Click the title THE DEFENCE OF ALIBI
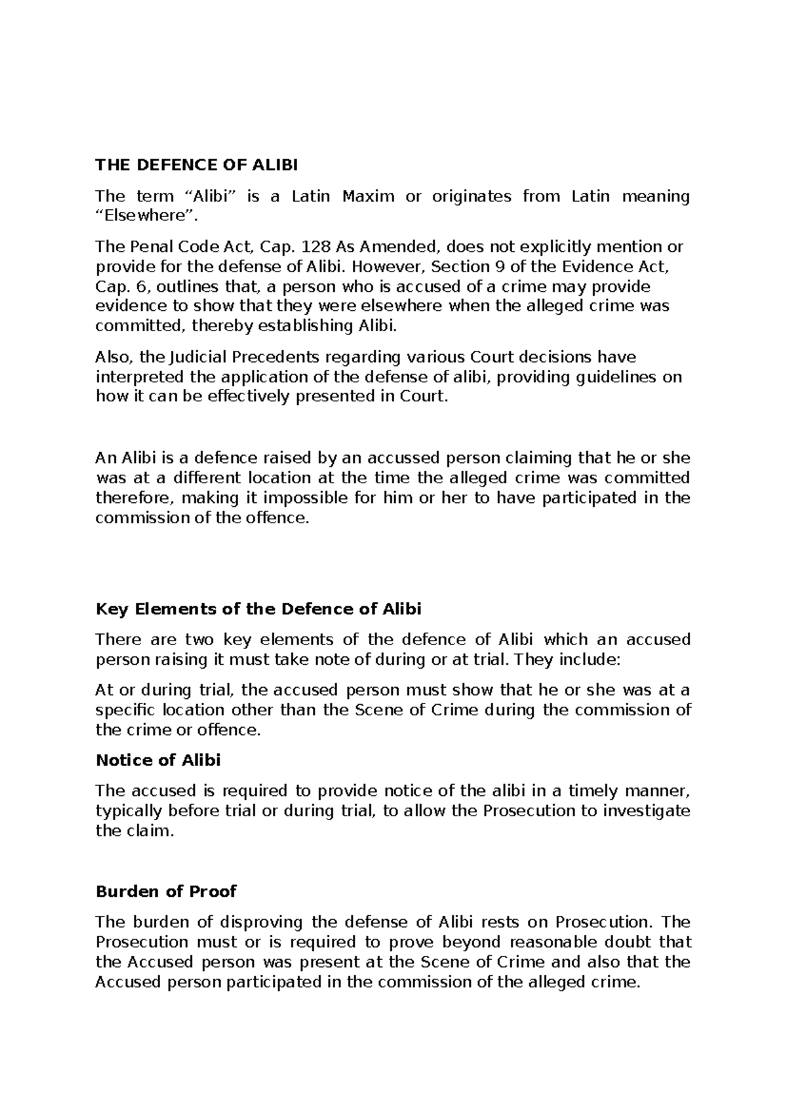coord(196,165)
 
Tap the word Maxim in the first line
coord(367,196)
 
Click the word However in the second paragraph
coord(392,267)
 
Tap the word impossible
coord(304,498)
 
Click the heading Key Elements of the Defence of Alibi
coord(258,609)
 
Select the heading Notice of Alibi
coord(158,761)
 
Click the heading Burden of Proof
coord(166,892)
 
